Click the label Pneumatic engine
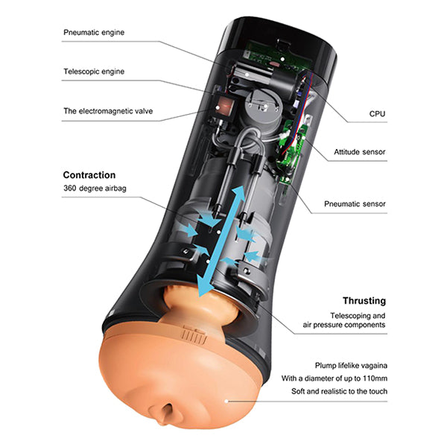pos(95,33)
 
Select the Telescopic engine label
pos(95,72)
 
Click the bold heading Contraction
pos(89,175)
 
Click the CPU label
pos(378,115)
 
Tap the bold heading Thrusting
pos(364,301)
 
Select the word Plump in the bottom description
pos(326,367)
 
